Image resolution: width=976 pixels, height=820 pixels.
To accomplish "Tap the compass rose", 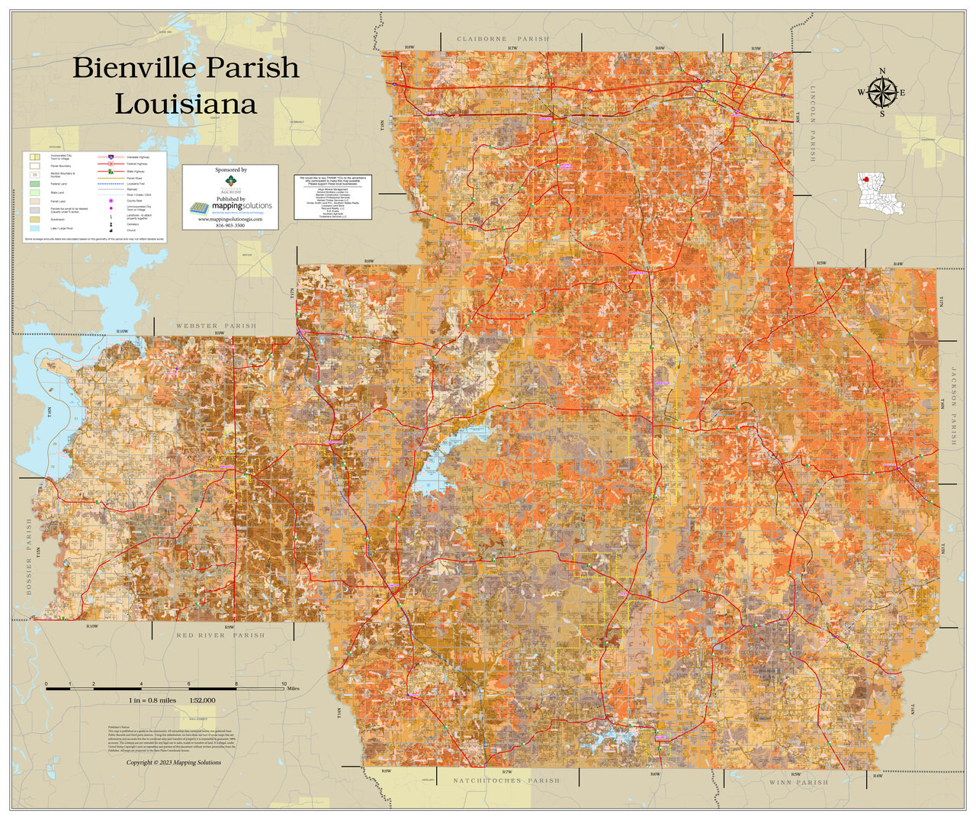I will [x=882, y=93].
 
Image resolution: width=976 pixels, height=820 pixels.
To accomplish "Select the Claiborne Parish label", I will [x=502, y=38].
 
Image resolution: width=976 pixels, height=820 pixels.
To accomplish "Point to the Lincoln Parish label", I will [x=813, y=133].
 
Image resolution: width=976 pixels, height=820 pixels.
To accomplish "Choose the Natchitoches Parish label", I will [x=506, y=780].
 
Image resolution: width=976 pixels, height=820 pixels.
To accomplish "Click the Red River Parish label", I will [x=220, y=635].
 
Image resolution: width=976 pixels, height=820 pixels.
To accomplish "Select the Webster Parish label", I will [x=216, y=326].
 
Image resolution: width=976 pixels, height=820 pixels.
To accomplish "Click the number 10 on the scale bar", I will [x=284, y=683].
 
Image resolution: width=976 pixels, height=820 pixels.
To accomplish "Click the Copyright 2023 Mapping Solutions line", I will [x=173, y=762].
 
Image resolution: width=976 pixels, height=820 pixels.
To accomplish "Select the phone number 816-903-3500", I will [x=230, y=225].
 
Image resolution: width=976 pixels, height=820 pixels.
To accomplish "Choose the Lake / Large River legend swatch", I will [x=34, y=228].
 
